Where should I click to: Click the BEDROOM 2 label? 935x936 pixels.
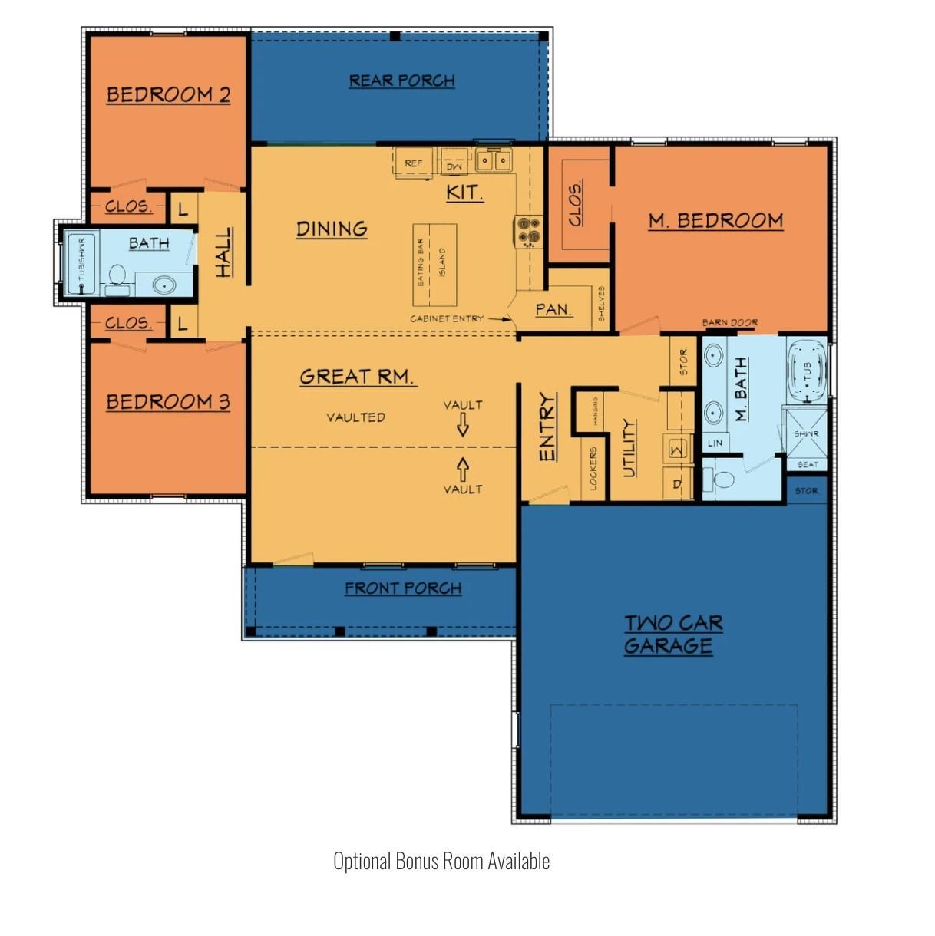168,95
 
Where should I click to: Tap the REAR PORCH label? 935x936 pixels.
401,81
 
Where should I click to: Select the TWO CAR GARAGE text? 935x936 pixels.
672,634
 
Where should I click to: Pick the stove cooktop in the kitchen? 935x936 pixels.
527,231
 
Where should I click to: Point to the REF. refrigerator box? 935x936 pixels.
414,163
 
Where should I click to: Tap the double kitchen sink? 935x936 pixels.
494,160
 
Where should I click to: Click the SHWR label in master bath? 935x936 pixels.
806,434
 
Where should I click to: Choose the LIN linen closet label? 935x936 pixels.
715,443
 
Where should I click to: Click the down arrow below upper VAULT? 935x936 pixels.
463,424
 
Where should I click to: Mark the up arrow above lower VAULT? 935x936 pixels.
463,467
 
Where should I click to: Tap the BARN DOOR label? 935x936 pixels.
729,323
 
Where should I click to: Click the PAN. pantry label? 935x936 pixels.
553,310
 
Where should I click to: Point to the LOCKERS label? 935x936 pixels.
593,468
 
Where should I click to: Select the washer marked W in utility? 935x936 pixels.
678,449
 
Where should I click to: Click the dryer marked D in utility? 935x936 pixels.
677,484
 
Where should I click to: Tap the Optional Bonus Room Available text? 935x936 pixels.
441,861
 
